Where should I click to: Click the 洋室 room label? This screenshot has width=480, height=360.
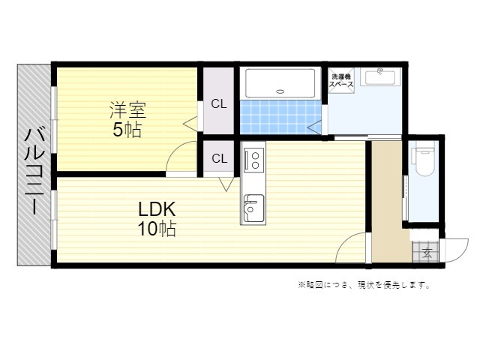click(128, 110)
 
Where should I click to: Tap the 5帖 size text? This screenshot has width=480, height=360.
click(127, 130)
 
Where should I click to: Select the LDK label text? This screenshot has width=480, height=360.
click(157, 209)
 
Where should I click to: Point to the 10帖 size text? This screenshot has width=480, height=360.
click(157, 228)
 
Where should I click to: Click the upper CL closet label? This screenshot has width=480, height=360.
click(219, 104)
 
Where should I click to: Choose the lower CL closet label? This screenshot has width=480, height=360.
click(220, 158)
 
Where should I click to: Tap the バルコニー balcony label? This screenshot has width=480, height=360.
click(34, 171)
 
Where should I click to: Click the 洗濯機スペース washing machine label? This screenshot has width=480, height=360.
click(341, 80)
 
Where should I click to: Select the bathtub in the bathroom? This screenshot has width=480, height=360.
click(280, 83)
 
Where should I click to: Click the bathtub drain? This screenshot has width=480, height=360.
click(280, 91)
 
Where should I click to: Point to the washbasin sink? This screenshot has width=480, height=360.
click(380, 76)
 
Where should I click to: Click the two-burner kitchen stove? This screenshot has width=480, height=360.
click(254, 160)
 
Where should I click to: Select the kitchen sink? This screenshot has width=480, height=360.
click(253, 208)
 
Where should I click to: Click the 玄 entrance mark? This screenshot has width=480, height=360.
click(427, 253)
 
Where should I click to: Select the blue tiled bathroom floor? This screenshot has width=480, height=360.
click(280, 117)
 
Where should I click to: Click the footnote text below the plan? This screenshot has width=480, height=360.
click(364, 285)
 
